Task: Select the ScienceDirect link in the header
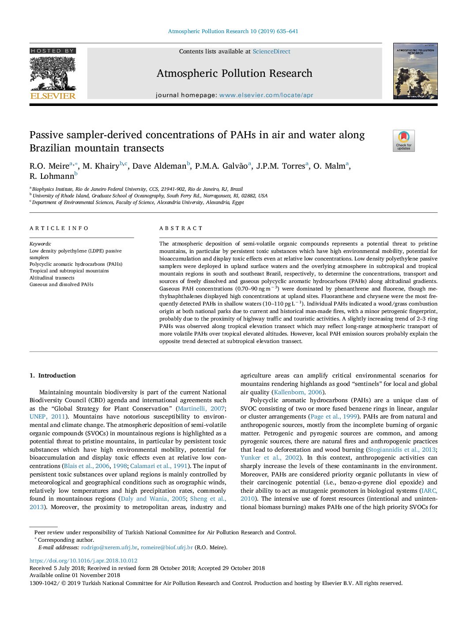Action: click(271, 52)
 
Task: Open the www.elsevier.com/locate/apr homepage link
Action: click(266, 95)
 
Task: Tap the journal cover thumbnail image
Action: click(415, 71)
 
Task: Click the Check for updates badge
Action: click(403, 141)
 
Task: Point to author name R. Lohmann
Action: click(52, 176)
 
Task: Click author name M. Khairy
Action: click(101, 166)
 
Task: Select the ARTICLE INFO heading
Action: click(59, 228)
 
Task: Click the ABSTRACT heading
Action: click(181, 228)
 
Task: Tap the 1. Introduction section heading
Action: click(53, 375)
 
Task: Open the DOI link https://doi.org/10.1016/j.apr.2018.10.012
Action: click(83, 561)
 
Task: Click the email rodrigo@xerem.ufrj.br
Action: click(109, 547)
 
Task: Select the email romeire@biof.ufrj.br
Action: click(167, 547)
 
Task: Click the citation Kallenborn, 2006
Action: click(298, 392)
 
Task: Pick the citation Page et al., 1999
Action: click(334, 416)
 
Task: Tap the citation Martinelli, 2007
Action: click(201, 408)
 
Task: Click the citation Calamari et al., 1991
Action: click(159, 466)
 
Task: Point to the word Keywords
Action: click(40, 244)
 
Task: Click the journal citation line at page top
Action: click(233, 31)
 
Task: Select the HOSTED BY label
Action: click(53, 51)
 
